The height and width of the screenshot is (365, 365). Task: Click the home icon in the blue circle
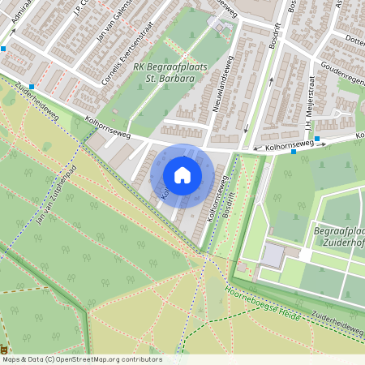182,175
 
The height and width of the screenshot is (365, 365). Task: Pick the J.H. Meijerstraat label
311,114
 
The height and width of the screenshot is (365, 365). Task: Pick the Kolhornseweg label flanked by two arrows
283,145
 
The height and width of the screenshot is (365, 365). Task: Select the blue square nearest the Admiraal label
4,49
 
